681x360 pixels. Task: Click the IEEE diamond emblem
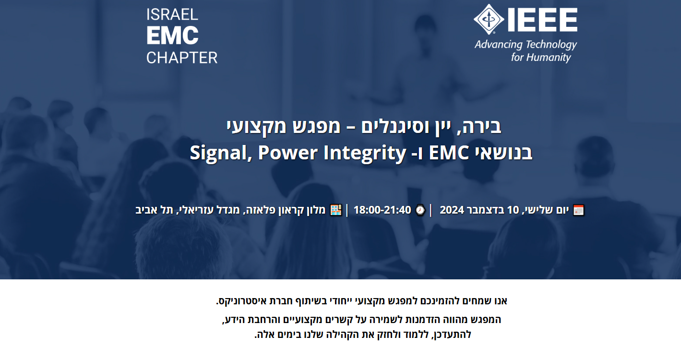(489, 19)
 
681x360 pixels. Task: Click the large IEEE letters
(542, 20)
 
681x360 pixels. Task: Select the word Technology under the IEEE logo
(551, 45)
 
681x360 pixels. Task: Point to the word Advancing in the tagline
(499, 45)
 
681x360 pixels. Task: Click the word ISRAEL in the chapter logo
(172, 14)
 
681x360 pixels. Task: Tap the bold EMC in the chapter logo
(172, 36)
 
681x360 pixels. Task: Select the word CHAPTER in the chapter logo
(182, 58)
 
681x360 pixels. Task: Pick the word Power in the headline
(287, 153)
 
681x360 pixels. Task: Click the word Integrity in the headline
(365, 153)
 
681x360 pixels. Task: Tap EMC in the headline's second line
(449, 153)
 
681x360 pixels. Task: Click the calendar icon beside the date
(578, 210)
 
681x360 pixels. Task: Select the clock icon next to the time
(420, 210)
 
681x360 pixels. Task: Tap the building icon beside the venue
(336, 210)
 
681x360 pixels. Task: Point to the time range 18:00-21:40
(382, 210)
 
